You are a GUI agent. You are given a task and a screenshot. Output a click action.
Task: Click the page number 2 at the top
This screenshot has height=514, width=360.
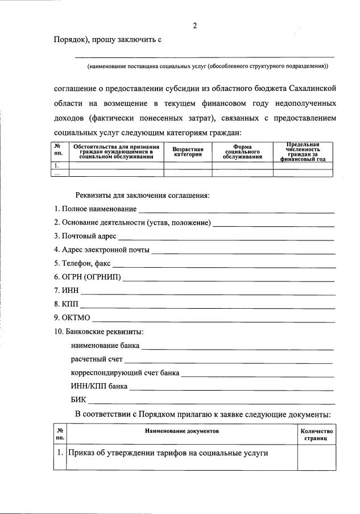point(195,26)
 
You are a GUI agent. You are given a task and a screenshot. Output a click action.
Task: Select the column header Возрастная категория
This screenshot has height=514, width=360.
point(188,152)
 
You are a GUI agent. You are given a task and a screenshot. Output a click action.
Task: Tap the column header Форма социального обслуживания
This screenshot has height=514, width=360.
point(242,152)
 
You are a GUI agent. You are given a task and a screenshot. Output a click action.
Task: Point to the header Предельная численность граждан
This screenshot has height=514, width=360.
point(303,152)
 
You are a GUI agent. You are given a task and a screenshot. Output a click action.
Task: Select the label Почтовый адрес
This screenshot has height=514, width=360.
point(85,236)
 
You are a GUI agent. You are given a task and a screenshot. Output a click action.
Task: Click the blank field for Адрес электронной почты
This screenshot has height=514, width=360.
point(243,250)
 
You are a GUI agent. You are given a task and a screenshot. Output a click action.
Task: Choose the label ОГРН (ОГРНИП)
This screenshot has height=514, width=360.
point(87,277)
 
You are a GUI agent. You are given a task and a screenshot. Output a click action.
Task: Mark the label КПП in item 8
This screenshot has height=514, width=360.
point(70,305)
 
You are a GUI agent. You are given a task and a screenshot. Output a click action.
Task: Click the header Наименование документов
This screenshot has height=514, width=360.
point(181,432)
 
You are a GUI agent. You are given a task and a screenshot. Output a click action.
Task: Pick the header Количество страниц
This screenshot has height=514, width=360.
point(317,436)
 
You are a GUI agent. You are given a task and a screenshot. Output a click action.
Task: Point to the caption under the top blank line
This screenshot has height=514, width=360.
point(207,67)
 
